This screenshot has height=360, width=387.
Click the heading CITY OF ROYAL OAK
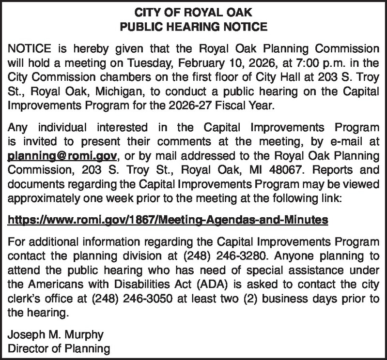point(194,9)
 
